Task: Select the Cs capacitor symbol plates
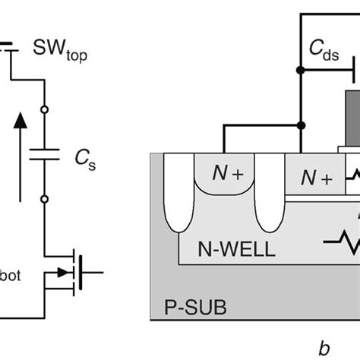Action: [45, 154]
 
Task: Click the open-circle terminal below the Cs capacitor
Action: [45, 198]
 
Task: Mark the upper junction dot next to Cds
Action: [301, 71]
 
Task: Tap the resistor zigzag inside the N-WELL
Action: [342, 245]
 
